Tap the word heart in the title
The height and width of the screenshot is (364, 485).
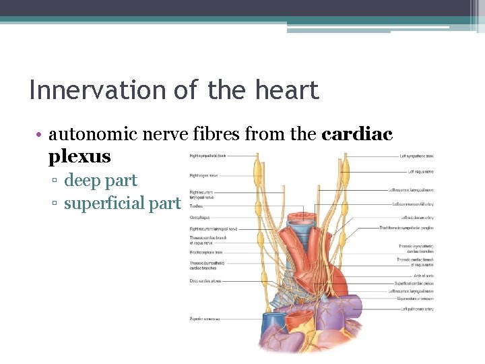click(x=290, y=90)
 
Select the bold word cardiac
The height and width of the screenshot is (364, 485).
click(x=357, y=134)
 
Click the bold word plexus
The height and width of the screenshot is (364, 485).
click(x=79, y=156)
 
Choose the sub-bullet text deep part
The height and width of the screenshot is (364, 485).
click(x=100, y=181)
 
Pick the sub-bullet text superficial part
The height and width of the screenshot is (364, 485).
click(x=122, y=203)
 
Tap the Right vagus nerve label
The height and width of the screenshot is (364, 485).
click(x=203, y=175)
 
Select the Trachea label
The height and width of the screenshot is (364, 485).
click(x=196, y=206)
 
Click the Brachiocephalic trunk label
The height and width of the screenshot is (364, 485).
click(x=206, y=252)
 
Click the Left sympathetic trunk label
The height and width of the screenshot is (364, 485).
click(x=418, y=156)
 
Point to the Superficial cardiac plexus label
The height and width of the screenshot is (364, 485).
click(x=414, y=283)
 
